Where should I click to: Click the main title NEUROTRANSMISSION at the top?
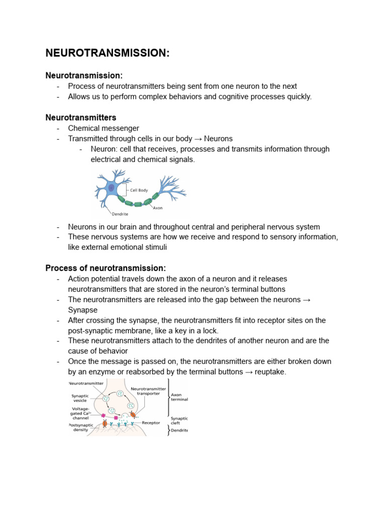(108, 53)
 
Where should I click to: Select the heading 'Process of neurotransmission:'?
(106, 268)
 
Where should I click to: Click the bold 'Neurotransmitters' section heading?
(81, 117)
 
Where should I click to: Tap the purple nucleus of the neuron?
(111, 187)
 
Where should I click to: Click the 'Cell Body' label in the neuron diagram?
(139, 190)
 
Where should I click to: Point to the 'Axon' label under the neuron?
(158, 207)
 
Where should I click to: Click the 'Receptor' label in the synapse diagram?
(151, 423)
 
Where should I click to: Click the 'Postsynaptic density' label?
(79, 427)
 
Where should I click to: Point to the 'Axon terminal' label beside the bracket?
(179, 397)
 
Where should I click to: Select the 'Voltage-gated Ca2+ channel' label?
(80, 412)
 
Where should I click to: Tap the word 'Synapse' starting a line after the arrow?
(83, 310)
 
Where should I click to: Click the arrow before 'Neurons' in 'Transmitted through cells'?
(198, 139)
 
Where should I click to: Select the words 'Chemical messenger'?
(104, 128)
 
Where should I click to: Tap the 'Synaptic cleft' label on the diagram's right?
(179, 421)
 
